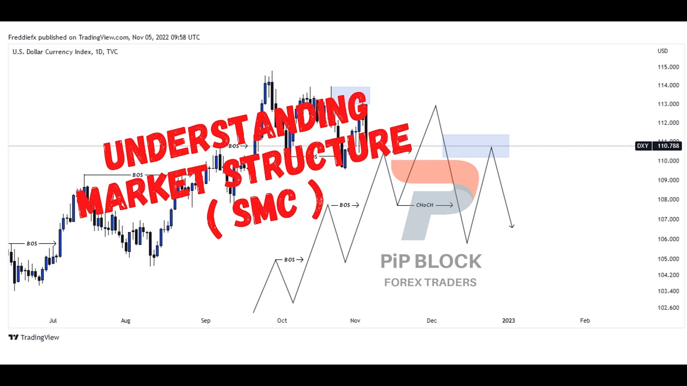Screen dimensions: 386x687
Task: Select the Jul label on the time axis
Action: tap(53, 321)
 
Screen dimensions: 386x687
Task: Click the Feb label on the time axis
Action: tap(585, 321)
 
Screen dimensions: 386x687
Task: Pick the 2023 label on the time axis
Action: tap(508, 321)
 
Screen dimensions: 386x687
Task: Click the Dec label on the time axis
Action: tap(432, 321)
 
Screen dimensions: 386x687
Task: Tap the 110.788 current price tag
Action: tap(668, 146)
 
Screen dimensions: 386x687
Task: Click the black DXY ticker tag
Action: tap(643, 146)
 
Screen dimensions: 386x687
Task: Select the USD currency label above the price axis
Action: tap(663, 51)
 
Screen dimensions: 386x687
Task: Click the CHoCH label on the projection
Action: tap(425, 205)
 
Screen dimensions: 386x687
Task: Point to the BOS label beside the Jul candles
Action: tap(32, 243)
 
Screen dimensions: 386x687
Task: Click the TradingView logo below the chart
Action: tap(33, 337)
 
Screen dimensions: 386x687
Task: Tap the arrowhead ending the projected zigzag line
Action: tap(513, 226)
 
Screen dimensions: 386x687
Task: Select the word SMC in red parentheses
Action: tap(266, 206)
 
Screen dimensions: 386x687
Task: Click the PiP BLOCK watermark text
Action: tap(431, 262)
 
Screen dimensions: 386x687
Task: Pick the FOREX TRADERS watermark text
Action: tap(430, 283)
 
